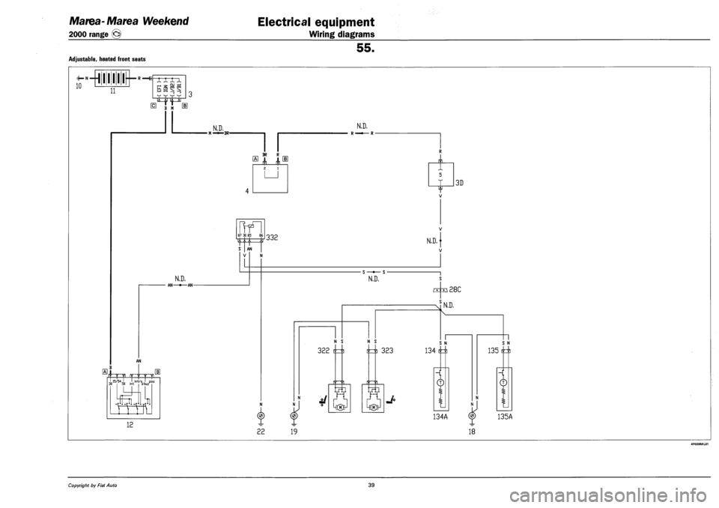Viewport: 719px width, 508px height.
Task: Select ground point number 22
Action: [260, 431]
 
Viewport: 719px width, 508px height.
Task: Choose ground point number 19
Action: [295, 431]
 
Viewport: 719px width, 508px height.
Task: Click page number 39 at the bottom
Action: [359, 486]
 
